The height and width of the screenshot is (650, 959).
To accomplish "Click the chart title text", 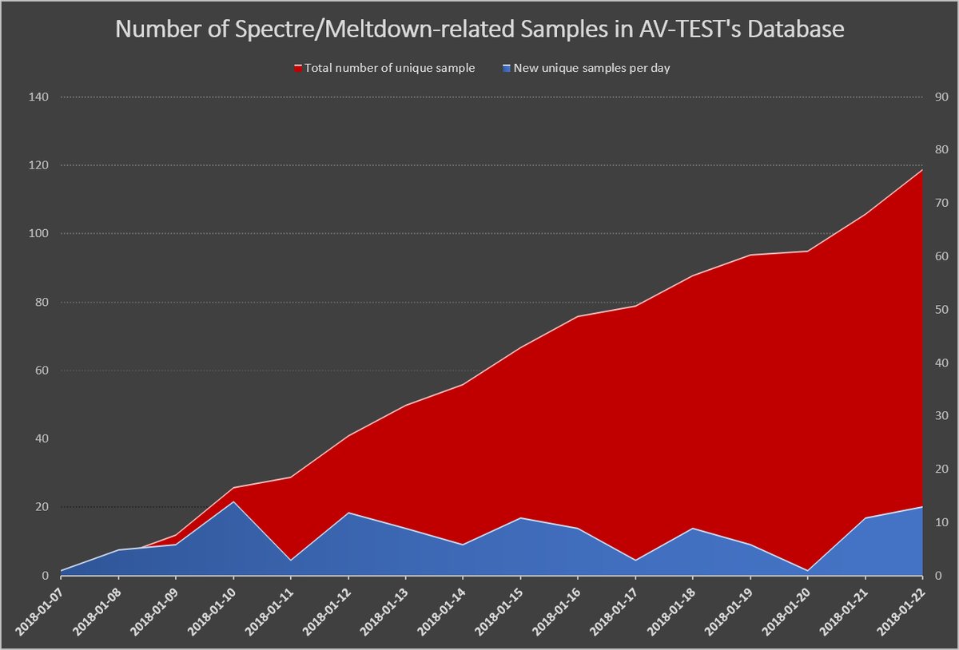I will pos(479,30).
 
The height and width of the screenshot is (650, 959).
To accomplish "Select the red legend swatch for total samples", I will pos(298,69).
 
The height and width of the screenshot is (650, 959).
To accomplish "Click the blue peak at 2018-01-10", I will pos(233,501).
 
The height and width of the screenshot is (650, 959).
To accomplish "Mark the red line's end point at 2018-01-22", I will pos(922,169).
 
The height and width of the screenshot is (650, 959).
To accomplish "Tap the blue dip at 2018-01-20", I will pos(808,570).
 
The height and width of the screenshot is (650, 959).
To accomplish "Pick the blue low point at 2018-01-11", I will pos(291,560).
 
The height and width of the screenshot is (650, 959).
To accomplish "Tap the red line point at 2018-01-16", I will pos(578,316).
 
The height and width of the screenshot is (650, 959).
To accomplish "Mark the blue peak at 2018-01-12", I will pos(348,513).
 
